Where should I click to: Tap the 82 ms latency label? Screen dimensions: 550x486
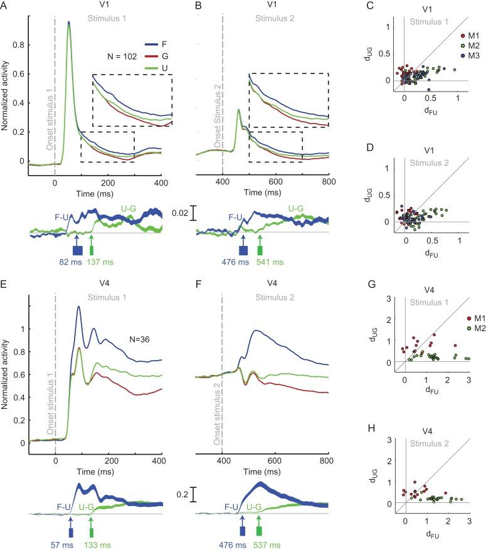coord(70,262)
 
